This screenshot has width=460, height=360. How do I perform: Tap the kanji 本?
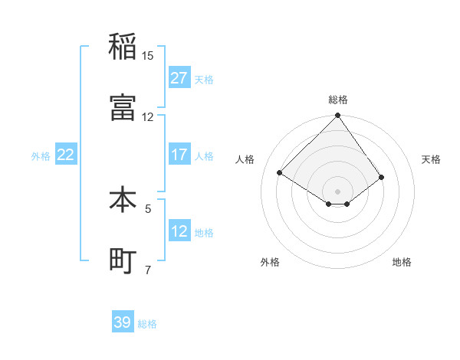point(123,200)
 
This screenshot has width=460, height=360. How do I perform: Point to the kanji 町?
point(123,261)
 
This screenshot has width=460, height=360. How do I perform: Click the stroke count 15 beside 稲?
point(148,55)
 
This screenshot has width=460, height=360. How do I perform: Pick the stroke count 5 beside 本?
point(149,208)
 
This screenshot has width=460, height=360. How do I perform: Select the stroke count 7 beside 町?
point(149,270)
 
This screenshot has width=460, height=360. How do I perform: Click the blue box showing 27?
point(179,78)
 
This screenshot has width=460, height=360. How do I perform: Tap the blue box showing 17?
point(179,155)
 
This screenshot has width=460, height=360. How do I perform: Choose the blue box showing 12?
point(179,231)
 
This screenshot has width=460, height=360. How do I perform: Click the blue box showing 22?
point(66,155)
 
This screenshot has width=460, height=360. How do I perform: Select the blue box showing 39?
point(123,322)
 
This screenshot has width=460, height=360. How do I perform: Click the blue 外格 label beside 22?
point(41,155)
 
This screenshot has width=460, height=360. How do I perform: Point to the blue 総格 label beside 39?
point(147,323)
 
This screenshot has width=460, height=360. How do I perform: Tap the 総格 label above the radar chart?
point(338,100)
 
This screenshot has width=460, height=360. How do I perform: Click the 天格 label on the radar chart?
point(432,159)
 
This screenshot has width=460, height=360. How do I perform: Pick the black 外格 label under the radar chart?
point(270,262)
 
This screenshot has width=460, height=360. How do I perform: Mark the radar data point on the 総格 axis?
point(337,116)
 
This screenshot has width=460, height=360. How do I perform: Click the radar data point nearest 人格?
point(280,172)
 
